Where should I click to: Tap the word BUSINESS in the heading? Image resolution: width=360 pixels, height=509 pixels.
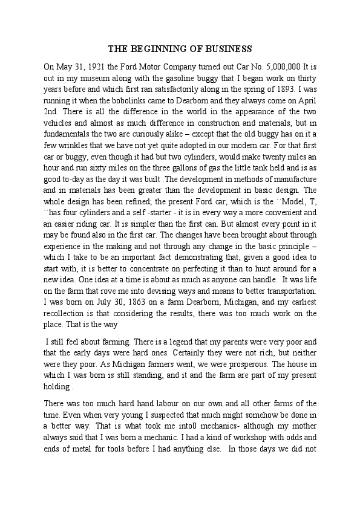click(227, 48)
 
